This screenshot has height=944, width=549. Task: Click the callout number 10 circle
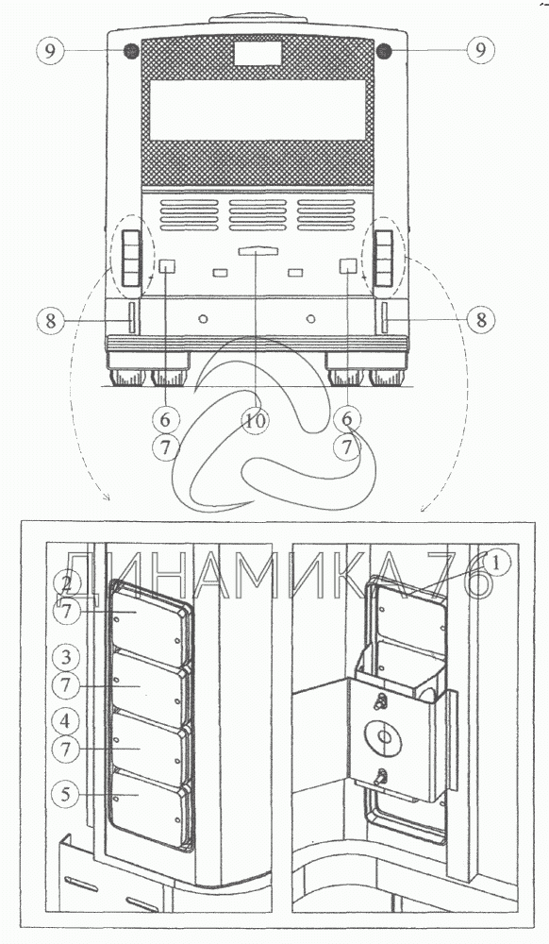pos(255,421)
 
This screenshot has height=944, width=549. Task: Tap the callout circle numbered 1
pos(496,564)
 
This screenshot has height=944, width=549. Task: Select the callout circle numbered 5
pos(66,794)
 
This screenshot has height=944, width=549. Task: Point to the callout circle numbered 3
pos(66,657)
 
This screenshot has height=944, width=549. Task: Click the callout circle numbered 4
pos(66,720)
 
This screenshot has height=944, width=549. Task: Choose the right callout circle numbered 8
pos(481,320)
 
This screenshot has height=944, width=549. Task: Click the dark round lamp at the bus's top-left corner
pos(131,51)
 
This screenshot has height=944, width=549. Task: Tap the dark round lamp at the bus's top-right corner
pos(384,51)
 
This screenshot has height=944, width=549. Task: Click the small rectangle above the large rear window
pos(258,54)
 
